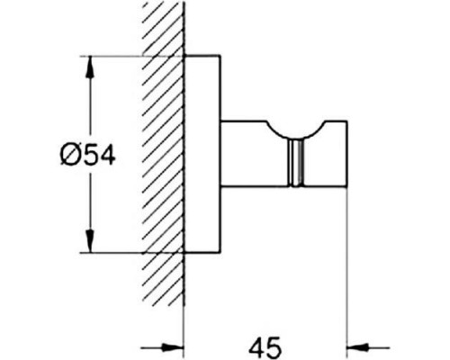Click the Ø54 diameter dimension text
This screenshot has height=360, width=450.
[87, 155]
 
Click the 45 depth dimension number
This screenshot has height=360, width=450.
[265, 347]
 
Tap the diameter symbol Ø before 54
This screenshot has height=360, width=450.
[71, 155]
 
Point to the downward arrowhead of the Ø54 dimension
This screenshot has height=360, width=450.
[90, 241]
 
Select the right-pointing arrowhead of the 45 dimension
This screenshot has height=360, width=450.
[173, 348]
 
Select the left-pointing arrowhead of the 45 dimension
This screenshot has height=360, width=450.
[358, 348]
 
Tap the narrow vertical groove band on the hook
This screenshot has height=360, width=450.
[296, 163]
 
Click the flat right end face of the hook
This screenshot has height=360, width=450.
[347, 154]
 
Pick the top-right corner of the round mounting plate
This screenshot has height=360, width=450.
[220, 56]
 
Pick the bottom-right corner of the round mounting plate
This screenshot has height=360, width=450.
[220, 253]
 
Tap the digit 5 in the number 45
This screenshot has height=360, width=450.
[274, 347]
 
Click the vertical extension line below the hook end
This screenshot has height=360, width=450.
[347, 273]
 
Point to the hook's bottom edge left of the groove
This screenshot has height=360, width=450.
[255, 186]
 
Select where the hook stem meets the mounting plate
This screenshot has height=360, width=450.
[221, 154]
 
